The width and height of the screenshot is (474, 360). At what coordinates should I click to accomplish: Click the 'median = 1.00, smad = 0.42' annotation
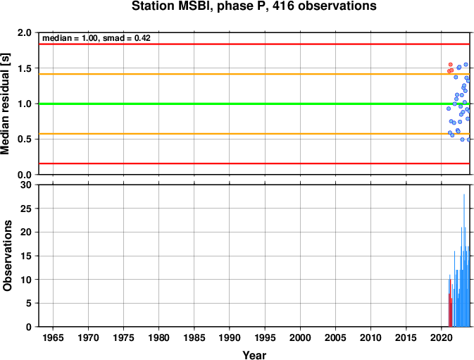click(x=96, y=38)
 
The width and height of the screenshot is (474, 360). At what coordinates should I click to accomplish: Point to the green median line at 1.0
click(x=254, y=104)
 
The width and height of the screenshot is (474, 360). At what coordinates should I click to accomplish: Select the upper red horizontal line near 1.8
click(x=254, y=44)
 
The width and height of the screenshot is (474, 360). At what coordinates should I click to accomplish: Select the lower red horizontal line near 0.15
click(x=254, y=163)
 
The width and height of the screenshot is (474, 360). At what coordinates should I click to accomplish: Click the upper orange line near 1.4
click(x=254, y=74)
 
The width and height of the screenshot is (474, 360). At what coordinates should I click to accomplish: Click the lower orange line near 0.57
click(x=254, y=134)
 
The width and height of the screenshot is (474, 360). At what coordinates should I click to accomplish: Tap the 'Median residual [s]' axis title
click(x=5, y=104)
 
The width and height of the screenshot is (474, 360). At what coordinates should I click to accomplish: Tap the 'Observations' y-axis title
click(x=7, y=256)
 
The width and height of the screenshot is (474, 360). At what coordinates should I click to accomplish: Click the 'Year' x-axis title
click(x=254, y=355)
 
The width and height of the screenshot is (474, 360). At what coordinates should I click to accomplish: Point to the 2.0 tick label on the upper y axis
click(x=25, y=32)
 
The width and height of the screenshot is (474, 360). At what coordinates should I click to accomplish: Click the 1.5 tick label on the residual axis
click(x=25, y=68)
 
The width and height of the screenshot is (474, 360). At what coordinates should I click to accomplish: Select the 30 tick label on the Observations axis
click(x=25, y=185)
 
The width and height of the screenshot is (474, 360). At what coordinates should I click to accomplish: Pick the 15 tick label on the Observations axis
click(x=25, y=256)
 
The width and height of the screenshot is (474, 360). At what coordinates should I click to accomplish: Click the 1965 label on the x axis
click(x=54, y=337)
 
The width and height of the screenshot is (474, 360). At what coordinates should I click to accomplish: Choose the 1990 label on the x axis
click(x=230, y=337)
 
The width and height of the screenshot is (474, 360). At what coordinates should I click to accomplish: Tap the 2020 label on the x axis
click(x=442, y=337)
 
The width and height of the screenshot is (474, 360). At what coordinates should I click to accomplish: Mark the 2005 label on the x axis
click(x=335, y=337)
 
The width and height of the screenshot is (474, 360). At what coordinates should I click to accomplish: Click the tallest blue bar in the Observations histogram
click(x=464, y=261)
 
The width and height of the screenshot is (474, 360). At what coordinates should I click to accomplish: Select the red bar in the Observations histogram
click(x=450, y=303)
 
